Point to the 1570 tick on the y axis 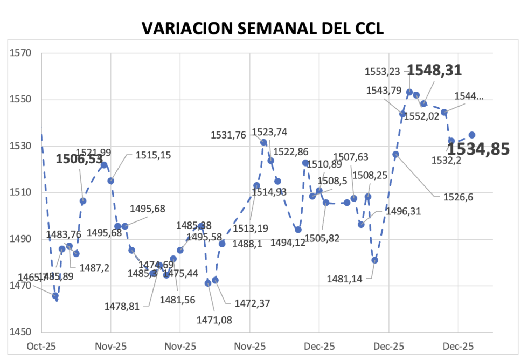[20, 53]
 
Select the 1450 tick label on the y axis [20, 333]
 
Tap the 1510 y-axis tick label [20, 193]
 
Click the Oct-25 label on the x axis [42, 346]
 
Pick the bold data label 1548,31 [434, 70]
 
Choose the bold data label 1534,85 [479, 149]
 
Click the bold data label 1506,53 [79, 158]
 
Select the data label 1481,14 [346, 279]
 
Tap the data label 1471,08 [214, 320]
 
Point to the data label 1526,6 [458, 197]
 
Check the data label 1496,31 [404, 212]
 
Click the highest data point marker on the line [409, 92]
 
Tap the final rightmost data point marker [471, 135]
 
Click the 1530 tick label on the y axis [20, 146]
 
